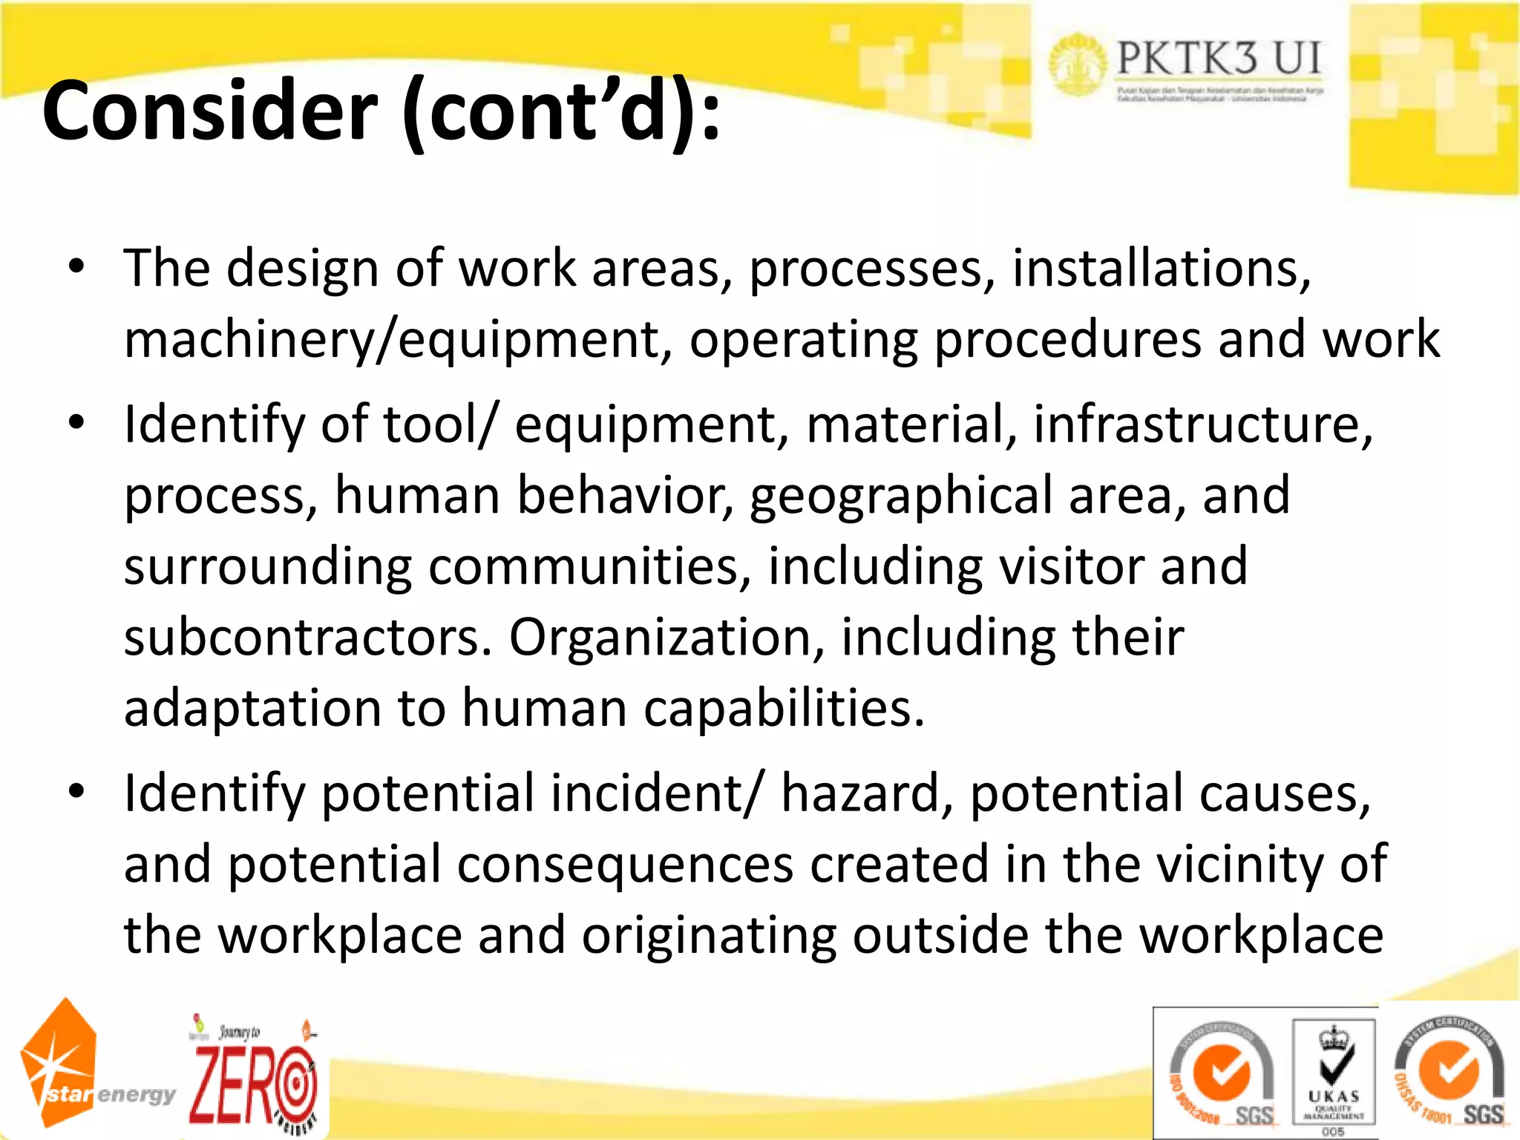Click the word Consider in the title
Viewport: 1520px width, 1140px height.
210,111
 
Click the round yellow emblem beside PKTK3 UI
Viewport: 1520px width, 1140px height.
1078,65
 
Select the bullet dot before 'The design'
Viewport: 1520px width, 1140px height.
76,266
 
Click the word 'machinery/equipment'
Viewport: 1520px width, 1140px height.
392,340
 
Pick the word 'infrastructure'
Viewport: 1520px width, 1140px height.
1202,425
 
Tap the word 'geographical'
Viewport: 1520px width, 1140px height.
900,496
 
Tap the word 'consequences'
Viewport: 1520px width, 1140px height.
625,864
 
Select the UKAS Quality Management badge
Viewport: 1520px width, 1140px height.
1333,1073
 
